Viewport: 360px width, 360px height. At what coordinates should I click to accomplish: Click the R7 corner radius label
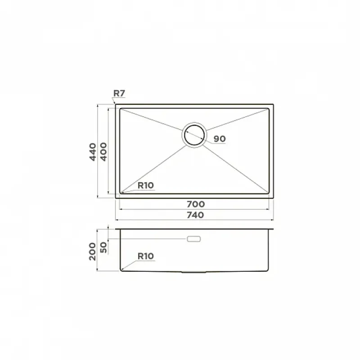(x=119, y=93)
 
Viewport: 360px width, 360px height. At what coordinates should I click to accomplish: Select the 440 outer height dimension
(x=93, y=152)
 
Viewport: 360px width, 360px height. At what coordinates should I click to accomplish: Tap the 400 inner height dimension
(x=103, y=152)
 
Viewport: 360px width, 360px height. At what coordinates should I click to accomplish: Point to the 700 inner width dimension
(x=196, y=204)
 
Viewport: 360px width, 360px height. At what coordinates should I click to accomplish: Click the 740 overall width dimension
(x=195, y=215)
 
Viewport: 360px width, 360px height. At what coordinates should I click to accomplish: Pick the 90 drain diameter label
(x=220, y=139)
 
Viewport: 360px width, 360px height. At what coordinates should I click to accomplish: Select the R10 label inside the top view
(x=146, y=185)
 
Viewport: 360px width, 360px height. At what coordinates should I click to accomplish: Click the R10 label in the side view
(x=146, y=256)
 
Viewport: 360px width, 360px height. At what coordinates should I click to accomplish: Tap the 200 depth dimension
(x=93, y=252)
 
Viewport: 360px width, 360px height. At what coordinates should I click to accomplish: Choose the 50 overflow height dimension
(x=104, y=247)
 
